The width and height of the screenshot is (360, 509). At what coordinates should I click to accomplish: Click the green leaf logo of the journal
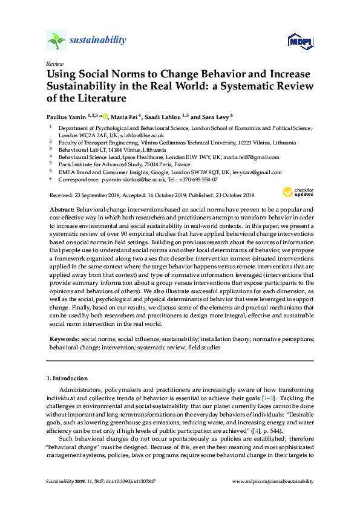coord(56,41)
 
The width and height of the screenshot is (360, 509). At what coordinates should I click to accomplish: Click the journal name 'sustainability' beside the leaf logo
coord(97,41)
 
